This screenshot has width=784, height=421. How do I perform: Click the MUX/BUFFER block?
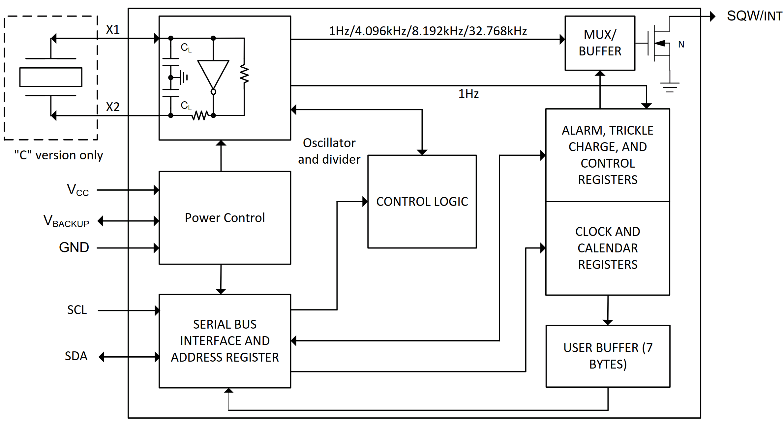600,43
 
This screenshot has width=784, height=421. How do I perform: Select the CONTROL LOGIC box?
422,201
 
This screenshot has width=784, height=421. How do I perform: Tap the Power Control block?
225,218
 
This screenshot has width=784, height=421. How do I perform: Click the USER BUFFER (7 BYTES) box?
608,356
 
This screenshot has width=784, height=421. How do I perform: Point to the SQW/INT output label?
754,16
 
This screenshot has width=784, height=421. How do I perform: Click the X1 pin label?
113,30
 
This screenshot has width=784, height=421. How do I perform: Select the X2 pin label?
113,107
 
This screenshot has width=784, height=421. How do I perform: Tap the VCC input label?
78,190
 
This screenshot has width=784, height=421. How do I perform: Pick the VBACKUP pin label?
66,221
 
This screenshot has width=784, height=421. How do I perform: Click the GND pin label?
74,247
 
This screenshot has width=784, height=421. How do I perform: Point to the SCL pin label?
77,310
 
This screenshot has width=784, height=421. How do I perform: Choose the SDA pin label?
76,356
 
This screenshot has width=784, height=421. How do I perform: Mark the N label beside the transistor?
681,44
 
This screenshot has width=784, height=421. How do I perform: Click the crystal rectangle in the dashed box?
51,77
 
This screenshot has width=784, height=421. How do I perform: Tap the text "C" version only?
58,155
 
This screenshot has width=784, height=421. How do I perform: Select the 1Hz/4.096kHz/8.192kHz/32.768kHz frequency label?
428,31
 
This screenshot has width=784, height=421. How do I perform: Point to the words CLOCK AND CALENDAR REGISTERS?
608,248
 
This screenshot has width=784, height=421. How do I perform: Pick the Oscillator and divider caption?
329,151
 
